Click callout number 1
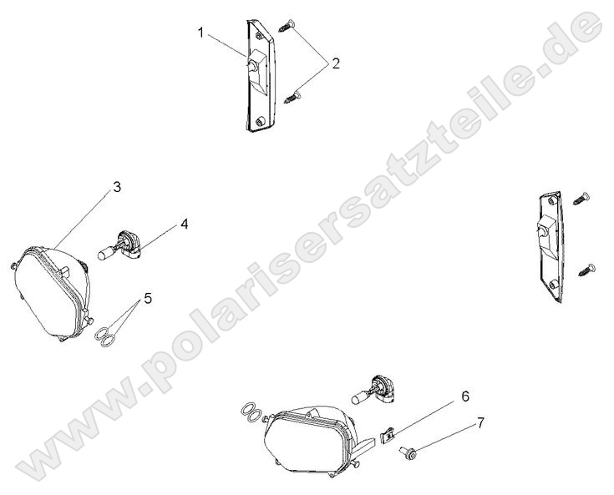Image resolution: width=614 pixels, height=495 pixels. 201,33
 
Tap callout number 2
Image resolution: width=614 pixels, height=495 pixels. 335,63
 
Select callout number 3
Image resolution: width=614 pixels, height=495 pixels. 117,187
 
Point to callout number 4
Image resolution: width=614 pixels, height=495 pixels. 184,224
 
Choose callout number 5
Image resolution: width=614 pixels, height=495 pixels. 148,298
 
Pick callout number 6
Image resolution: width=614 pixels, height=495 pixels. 465,397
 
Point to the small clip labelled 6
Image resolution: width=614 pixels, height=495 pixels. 387,435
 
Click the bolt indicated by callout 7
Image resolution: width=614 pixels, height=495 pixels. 411,453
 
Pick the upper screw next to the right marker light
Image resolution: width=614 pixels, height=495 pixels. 583,197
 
